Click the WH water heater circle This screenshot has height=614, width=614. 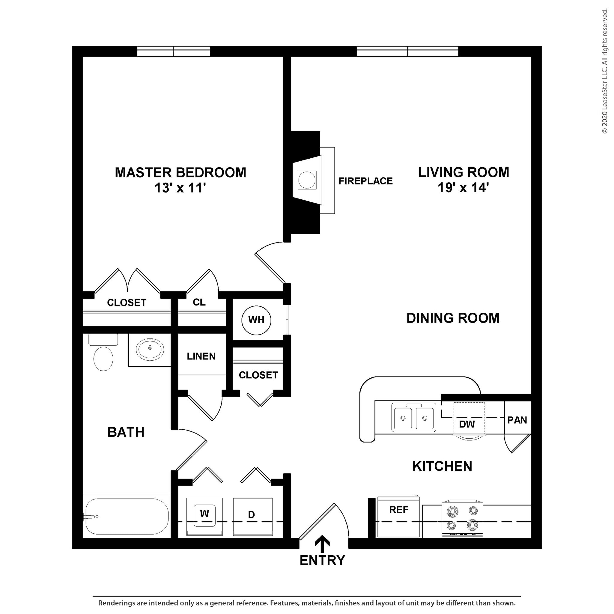256,320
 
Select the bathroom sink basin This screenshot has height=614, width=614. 150,349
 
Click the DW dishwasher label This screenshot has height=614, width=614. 467,424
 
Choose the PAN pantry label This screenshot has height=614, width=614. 517,420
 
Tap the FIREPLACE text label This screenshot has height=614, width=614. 365,181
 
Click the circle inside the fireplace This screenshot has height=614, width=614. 307,180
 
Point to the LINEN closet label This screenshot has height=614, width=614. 201,356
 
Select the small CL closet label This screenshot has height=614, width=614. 199,302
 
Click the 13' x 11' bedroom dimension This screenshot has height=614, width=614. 180,188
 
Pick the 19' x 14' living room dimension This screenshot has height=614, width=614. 463,187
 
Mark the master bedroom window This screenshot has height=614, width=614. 174,52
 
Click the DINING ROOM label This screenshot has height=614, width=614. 453,318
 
